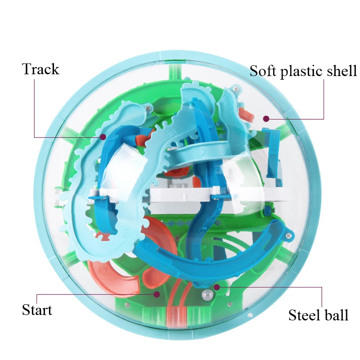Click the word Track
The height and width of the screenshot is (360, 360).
coord(40,69)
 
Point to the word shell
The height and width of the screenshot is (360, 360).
coord(341,71)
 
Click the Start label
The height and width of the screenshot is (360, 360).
coord(37,310)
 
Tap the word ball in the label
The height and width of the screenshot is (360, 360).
coord(336,315)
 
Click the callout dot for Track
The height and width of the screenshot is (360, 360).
coord(103,136)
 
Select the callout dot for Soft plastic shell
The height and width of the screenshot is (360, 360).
coord(266,119)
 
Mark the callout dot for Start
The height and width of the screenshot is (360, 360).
coord(157,294)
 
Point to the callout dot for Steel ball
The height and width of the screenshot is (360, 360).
coord(217,287)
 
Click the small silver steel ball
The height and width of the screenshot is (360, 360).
coord(207,296)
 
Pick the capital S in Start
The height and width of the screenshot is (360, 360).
coord(26,310)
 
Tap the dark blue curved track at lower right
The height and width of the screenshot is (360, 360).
coord(243,252)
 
